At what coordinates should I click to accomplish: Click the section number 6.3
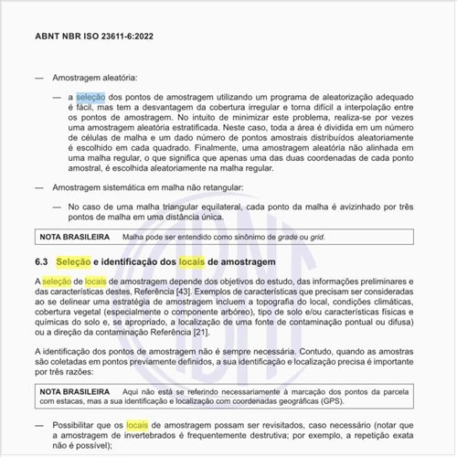click(41, 262)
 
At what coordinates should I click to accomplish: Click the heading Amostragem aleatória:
click(94, 78)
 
